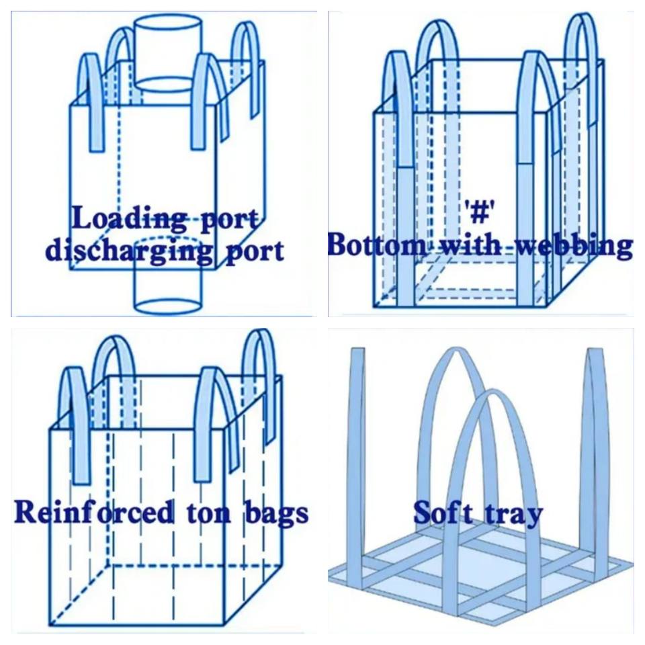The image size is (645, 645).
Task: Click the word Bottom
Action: coord(376,246)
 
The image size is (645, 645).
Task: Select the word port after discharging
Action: coord(251,252)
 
